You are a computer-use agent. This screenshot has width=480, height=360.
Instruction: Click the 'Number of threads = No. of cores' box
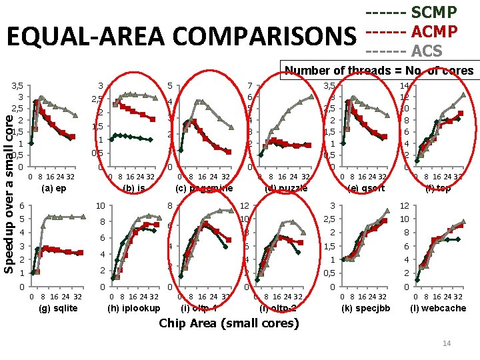point(379,71)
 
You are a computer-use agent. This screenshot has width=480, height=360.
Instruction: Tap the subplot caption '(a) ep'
point(54,189)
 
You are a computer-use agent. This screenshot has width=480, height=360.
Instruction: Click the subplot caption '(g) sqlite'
point(59,308)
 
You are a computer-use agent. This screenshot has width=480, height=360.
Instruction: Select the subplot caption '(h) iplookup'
point(134,308)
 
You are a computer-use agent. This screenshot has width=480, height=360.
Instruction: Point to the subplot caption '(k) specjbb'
point(365,308)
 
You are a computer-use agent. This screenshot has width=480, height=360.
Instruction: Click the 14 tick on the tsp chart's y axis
point(404,85)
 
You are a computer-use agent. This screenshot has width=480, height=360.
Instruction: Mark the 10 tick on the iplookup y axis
point(99,206)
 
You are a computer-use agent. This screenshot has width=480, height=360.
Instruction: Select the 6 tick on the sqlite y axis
point(23,206)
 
